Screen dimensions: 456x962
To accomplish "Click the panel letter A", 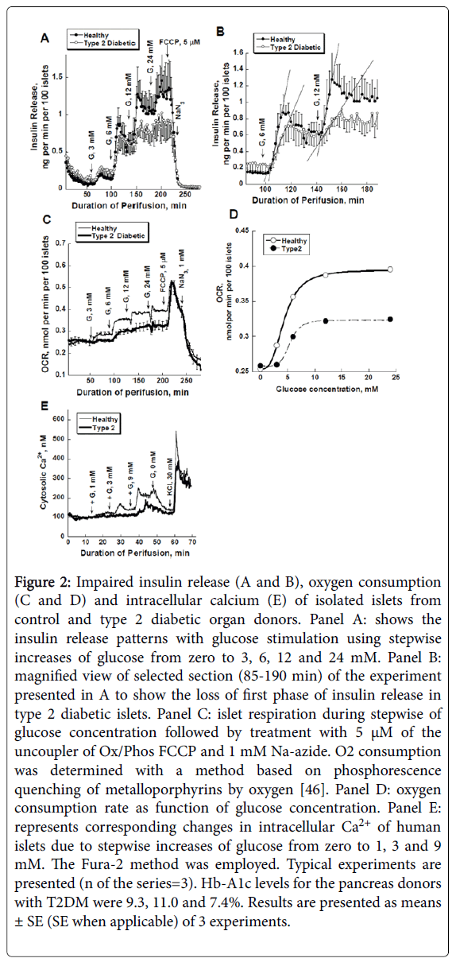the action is click(45, 38).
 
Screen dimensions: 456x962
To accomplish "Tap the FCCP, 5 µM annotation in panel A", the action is click(180, 42).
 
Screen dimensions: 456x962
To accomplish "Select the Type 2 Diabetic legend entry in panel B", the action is click(291, 47).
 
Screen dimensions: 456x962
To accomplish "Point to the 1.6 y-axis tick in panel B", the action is click(238, 52).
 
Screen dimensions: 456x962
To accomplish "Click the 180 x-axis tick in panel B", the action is click(366, 190).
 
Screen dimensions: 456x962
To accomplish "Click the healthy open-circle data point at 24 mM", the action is click(390, 270).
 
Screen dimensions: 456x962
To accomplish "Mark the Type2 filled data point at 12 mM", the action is click(326, 321).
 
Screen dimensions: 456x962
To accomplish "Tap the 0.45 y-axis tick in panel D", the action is click(242, 231).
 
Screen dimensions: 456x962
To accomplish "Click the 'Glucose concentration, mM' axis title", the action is click(327, 389).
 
